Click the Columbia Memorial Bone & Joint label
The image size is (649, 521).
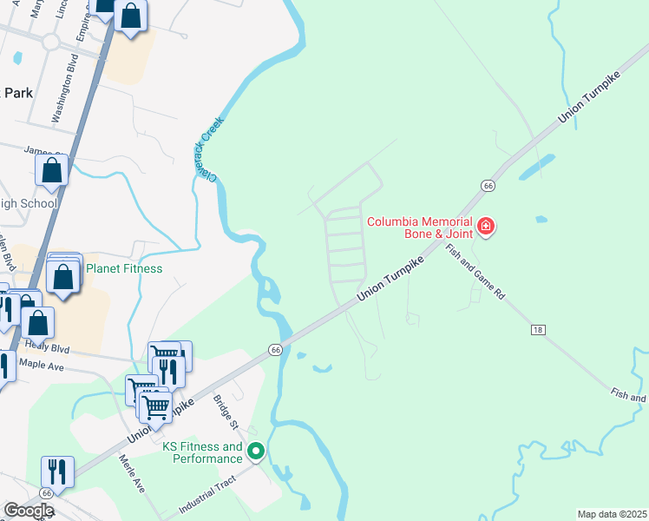point(420,228)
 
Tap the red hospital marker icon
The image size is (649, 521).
point(486,228)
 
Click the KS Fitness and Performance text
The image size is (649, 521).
point(203,452)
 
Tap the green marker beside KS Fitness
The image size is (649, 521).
point(256,452)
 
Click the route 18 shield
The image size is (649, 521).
point(538,330)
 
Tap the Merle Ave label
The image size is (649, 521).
point(131,475)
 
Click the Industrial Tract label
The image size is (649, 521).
point(207,498)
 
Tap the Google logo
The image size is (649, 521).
point(29,511)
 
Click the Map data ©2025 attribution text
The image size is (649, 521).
point(613,514)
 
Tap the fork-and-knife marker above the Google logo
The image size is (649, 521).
point(57,472)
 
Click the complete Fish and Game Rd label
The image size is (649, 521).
point(475,271)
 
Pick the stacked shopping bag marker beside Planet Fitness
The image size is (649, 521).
point(64,276)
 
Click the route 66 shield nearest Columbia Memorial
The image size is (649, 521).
point(488,186)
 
